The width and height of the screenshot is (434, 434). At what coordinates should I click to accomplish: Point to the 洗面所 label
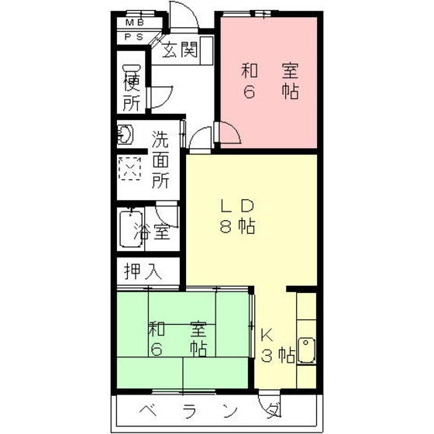pyautogui.click(x=160, y=160)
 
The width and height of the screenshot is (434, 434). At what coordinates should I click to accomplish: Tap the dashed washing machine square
pyautogui.click(x=129, y=168)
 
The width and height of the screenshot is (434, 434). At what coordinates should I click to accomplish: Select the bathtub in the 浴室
pyautogui.click(x=128, y=229)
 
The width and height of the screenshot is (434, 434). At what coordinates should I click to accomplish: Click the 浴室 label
pyautogui.click(x=152, y=231)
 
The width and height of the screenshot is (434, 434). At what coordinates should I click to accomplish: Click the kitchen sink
pyautogui.click(x=308, y=350)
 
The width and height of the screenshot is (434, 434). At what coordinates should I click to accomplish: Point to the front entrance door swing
pyautogui.click(x=181, y=17)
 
